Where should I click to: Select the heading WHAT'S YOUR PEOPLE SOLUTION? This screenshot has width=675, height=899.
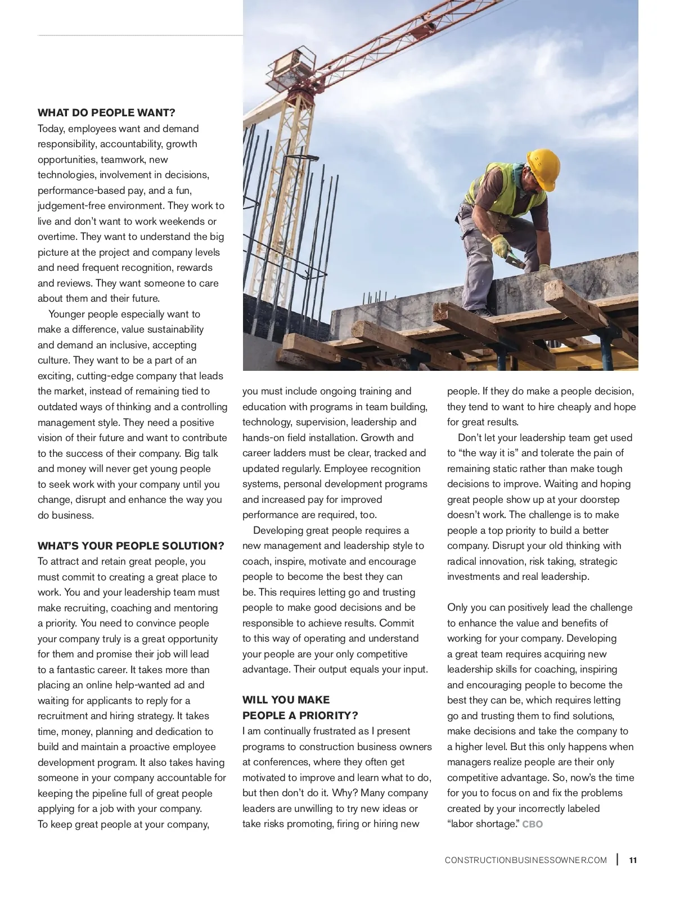tap(130, 546)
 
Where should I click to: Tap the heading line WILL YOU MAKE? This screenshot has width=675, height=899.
tap(286, 700)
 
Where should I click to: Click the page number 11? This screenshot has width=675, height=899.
tap(633, 860)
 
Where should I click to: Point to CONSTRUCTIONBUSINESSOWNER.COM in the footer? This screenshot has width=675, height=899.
tap(525, 860)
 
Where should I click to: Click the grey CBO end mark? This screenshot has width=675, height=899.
tap(533, 824)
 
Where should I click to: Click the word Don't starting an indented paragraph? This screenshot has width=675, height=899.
tap(470, 438)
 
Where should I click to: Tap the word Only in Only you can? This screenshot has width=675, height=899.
tap(457, 607)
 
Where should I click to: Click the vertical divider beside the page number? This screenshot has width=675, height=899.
tap(618, 860)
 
